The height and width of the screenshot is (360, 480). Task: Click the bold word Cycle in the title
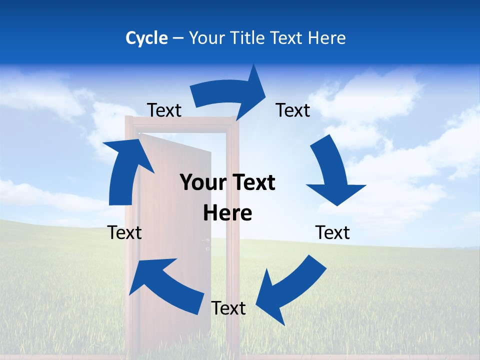coord(146,38)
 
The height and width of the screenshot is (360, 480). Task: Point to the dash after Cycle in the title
coord(178,38)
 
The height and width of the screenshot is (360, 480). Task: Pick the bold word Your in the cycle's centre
coord(200,183)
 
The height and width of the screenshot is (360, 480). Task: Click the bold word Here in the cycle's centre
coord(227,213)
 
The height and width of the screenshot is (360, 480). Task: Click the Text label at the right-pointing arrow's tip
coord(293,110)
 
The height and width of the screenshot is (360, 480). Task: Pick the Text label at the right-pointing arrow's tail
coord(164,110)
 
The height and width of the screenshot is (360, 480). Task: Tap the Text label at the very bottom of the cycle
coord(228,308)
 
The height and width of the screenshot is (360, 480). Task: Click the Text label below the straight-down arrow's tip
coord(332,232)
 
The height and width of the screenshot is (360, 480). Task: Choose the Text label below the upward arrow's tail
coord(124,232)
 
